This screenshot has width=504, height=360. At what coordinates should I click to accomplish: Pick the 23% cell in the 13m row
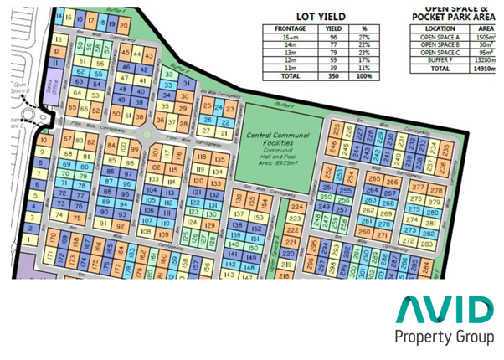tap(364, 52)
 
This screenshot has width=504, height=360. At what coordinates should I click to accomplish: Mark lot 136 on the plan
tap(239, 200)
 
